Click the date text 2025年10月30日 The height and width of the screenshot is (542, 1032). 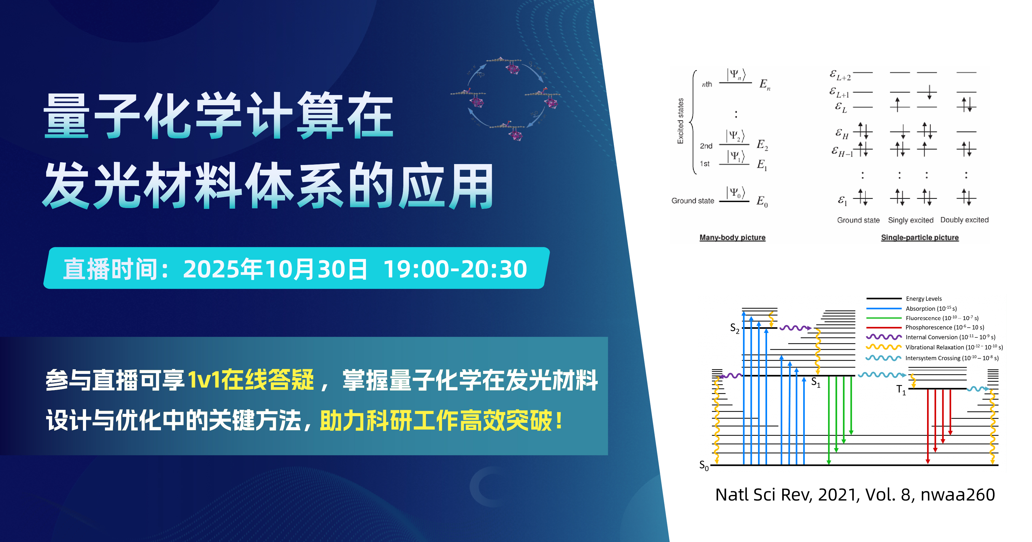[x=275, y=269]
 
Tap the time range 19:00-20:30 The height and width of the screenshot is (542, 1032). [x=455, y=269]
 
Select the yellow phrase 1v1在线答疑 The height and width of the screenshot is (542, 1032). [x=251, y=380]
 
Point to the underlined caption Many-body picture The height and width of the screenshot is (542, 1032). [x=732, y=237]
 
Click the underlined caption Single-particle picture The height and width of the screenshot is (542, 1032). [x=920, y=237]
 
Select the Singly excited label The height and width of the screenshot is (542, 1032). [x=911, y=220]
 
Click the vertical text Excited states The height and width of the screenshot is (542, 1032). [x=680, y=121]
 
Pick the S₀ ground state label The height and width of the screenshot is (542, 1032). [x=704, y=466]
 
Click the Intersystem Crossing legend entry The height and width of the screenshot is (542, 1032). [x=952, y=358]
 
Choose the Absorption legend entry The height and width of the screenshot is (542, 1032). [x=931, y=309]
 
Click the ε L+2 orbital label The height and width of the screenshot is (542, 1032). [x=840, y=75]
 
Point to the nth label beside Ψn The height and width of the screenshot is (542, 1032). [x=707, y=84]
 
